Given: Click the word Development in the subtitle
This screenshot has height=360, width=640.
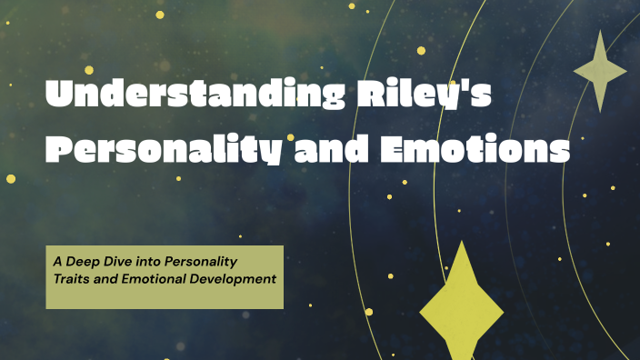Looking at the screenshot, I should (x=233, y=278).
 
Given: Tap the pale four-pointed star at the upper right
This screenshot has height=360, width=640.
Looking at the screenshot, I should (x=600, y=71).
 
